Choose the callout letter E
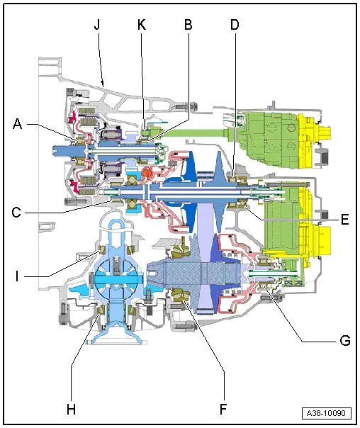[x=344, y=219]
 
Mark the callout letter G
[x=344, y=340]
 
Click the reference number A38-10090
[x=327, y=412]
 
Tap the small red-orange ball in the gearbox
[x=147, y=172]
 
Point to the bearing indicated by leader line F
[x=180, y=299]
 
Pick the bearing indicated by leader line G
[x=266, y=287]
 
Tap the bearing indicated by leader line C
[x=113, y=202]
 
